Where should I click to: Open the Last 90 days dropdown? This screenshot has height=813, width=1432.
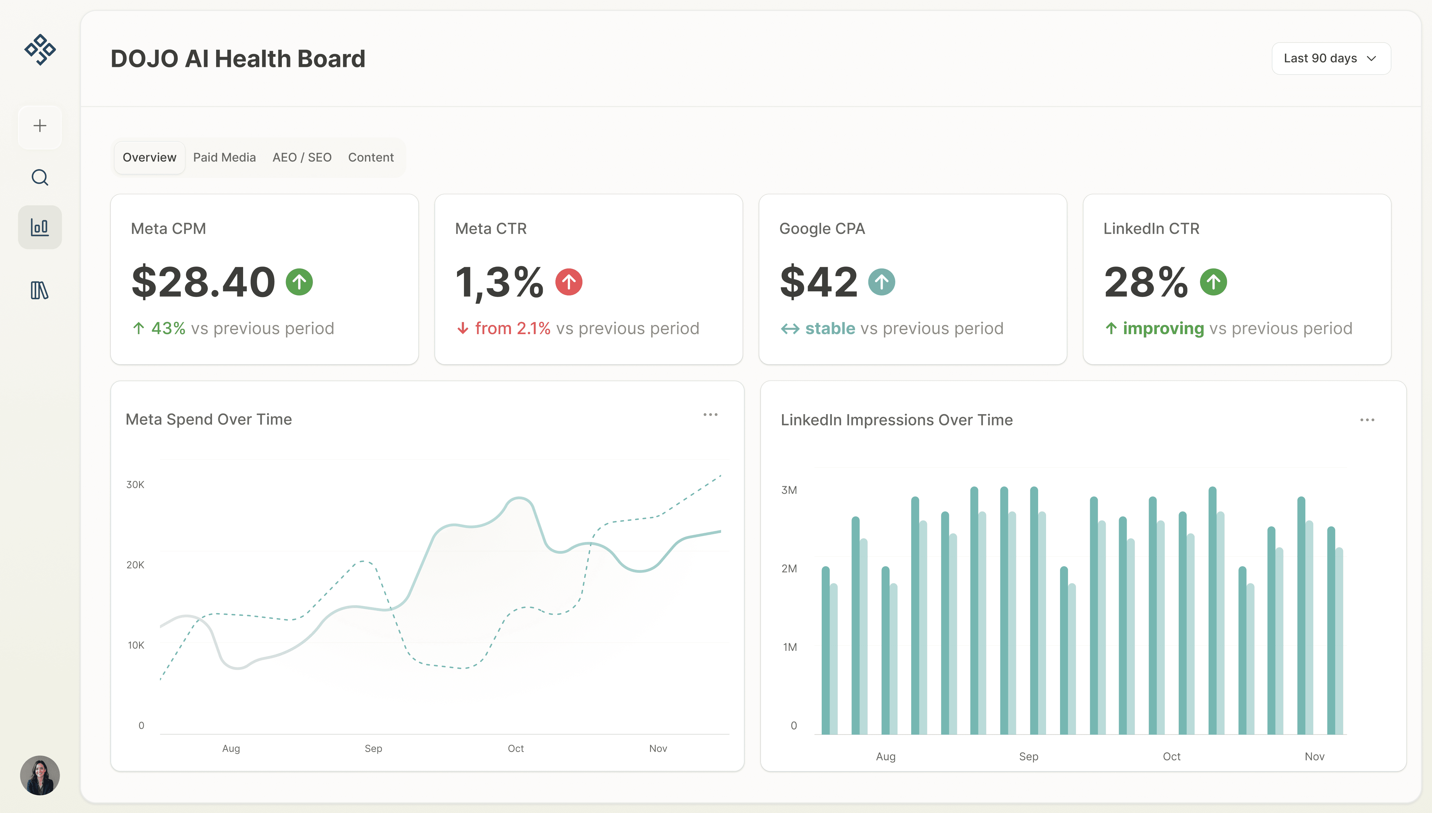1330,59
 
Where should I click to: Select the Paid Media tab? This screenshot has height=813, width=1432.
224,157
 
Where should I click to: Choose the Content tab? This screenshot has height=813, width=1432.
371,157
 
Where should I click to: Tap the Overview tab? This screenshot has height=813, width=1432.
149,157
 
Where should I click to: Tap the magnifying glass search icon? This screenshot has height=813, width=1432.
40,178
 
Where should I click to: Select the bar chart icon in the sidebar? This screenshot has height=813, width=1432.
40,227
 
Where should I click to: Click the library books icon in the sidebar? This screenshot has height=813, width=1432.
40,290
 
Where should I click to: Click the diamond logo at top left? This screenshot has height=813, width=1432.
40,50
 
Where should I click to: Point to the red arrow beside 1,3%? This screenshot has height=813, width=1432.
568,282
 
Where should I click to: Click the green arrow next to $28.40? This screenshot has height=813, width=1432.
299,282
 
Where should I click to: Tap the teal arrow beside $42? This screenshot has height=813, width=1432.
882,282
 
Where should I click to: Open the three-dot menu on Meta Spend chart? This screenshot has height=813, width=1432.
710,414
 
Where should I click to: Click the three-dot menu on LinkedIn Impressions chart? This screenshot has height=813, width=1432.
1367,420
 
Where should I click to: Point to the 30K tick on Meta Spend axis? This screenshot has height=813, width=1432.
135,485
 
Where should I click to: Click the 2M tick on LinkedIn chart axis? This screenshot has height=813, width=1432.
789,568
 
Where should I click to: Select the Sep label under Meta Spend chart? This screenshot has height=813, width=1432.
374,748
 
